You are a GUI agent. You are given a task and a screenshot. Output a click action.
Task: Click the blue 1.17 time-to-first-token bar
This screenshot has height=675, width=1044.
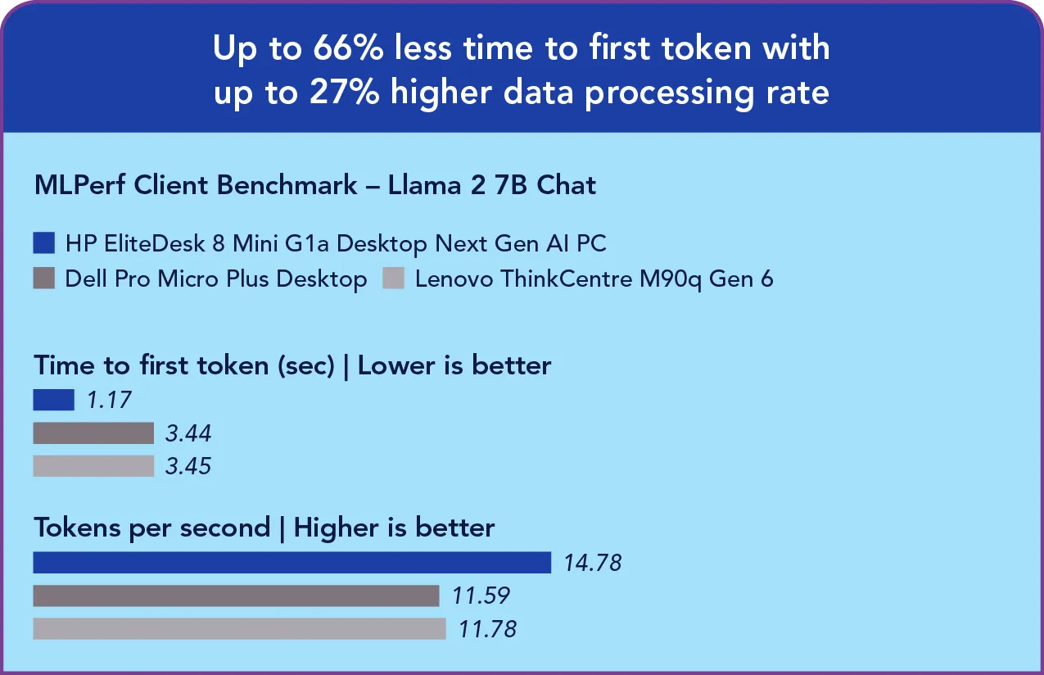[53, 400]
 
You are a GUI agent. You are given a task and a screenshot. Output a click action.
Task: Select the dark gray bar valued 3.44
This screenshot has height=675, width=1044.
[93, 433]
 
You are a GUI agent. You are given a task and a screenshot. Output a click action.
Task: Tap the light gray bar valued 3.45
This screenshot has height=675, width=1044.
[93, 465]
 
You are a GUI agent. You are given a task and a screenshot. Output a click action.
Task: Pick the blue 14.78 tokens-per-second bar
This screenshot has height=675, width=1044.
[292, 563]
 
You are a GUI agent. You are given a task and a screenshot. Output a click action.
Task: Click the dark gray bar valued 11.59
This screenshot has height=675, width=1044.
[236, 596]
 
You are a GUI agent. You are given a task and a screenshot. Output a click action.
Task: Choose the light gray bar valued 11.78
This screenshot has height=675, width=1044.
[239, 628]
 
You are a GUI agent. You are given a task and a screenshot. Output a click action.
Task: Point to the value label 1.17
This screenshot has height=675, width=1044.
[108, 400]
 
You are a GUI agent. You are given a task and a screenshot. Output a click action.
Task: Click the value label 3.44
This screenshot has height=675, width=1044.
[188, 433]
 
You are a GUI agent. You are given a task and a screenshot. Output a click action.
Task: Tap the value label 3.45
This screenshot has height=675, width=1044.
[188, 465]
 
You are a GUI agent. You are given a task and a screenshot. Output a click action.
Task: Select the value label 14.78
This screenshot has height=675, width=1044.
[592, 563]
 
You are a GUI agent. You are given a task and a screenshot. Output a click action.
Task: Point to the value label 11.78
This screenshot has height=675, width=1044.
[487, 628]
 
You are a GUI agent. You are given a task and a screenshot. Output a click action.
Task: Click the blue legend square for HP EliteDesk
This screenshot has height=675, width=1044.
[44, 243]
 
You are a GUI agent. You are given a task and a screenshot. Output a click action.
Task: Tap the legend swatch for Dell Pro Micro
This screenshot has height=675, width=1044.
[44, 279]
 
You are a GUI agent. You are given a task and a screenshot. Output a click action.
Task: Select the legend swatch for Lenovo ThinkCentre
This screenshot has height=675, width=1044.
[394, 279]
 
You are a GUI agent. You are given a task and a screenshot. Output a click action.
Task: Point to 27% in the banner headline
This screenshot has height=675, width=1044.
[345, 92]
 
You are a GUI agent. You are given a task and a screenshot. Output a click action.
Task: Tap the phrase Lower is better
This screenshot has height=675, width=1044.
[454, 365]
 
